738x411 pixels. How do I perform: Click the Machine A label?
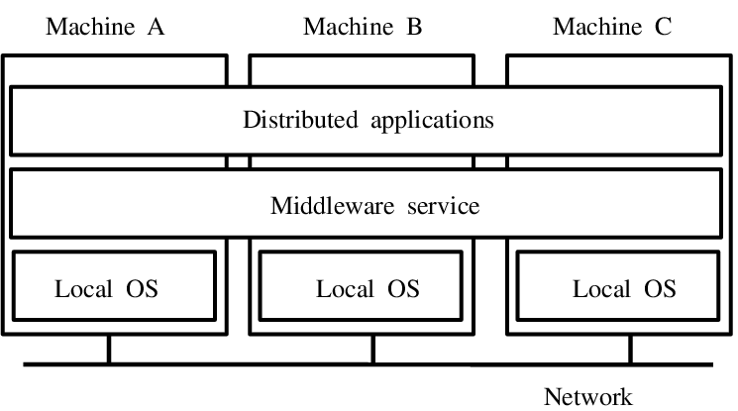[104, 27]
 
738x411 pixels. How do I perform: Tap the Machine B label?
[363, 27]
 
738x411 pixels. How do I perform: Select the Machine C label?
[611, 27]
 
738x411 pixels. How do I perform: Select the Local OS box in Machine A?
[113, 285]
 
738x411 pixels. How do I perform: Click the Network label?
[587, 397]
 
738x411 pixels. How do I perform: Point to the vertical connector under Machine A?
[109, 350]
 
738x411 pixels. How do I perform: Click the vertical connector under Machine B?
[373, 350]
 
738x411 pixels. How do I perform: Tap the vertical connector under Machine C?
[630, 350]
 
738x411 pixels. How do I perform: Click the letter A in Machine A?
[156, 27]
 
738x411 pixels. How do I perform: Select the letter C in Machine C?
[662, 27]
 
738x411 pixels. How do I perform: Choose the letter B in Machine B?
[414, 27]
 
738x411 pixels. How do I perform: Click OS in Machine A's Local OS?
[142, 290]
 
